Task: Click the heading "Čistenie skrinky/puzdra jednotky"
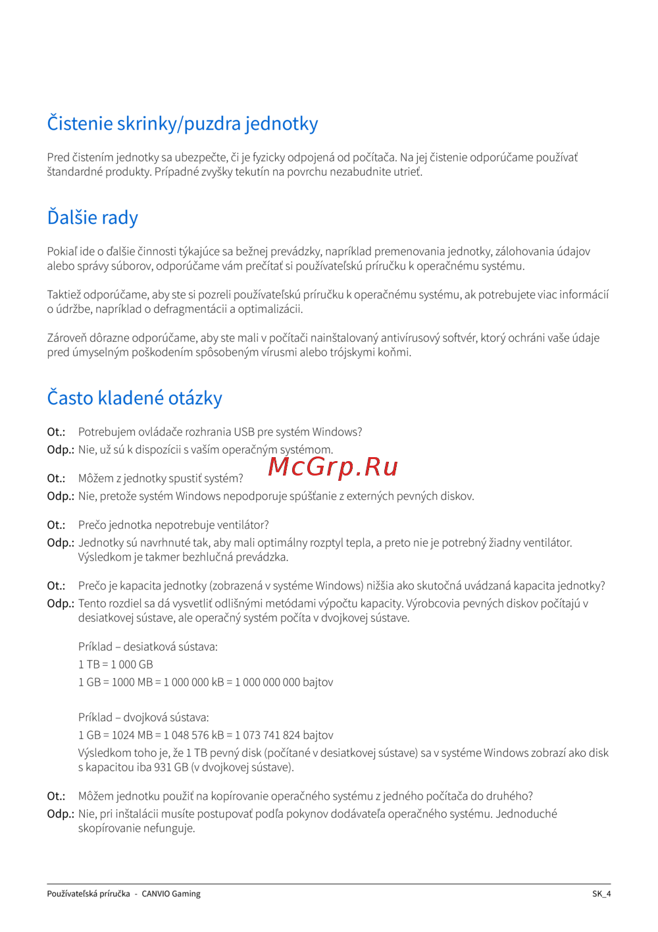coord(182,124)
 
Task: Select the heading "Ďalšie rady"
coord(93,218)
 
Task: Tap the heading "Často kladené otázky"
coord(134,398)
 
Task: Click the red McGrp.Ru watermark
coord(333,466)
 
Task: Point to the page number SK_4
coord(601,894)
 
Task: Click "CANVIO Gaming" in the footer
coord(171,894)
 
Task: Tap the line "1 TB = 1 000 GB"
coord(116,665)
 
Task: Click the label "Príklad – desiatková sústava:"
coord(148,647)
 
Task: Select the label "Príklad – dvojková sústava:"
coord(143,717)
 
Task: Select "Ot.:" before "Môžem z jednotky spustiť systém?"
coord(56,479)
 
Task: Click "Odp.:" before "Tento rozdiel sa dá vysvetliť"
coord(60,603)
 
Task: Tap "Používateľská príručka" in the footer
coord(88,894)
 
